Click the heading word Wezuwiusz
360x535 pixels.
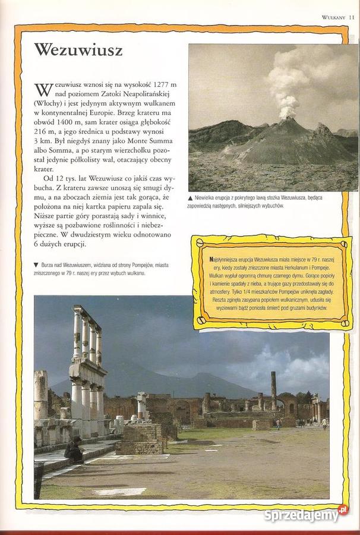click(x=78, y=50)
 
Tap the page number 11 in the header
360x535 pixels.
click(x=352, y=17)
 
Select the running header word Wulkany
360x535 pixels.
click(x=333, y=17)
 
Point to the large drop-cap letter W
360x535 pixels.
click(x=43, y=90)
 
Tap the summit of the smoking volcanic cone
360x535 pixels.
click(x=289, y=119)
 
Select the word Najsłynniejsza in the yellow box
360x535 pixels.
click(x=226, y=260)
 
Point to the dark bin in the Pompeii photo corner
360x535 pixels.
click(x=39, y=479)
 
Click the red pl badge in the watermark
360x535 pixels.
click(x=342, y=509)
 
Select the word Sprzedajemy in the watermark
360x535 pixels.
click(x=301, y=515)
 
